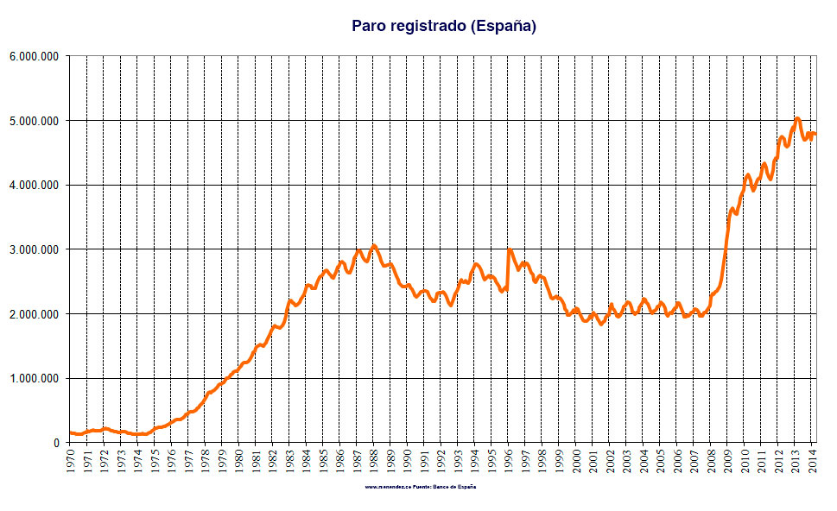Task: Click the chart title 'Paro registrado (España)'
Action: click(x=444, y=26)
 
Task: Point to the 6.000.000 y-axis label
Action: click(x=34, y=56)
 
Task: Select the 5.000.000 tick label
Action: click(x=34, y=121)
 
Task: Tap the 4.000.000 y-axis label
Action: click(x=34, y=185)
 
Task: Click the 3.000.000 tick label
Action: click(x=34, y=249)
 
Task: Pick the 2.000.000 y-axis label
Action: click(x=34, y=314)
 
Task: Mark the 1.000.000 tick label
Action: click(x=34, y=378)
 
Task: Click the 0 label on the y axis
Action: click(x=55, y=443)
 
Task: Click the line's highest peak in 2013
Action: click(x=797, y=118)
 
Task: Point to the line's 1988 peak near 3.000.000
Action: click(x=373, y=246)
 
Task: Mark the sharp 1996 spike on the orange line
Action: click(x=510, y=250)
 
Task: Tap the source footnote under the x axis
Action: click(x=421, y=487)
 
